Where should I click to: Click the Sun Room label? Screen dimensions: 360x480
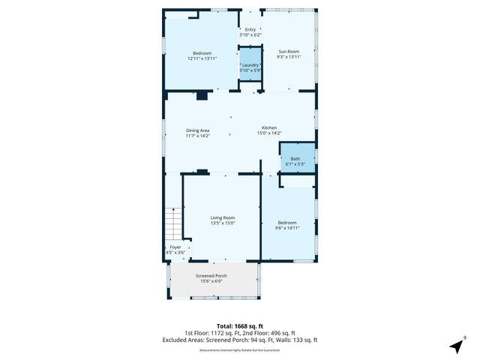pyautogui.click(x=289, y=52)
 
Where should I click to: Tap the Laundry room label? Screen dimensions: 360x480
pyautogui.click(x=250, y=64)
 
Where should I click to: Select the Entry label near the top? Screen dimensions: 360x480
pyautogui.click(x=250, y=30)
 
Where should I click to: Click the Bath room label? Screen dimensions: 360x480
pyautogui.click(x=295, y=158)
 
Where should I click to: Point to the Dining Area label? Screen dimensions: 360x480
pyautogui.click(x=198, y=131)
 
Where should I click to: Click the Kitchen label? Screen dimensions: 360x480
pyautogui.click(x=269, y=127)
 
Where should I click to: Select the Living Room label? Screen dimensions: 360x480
pyautogui.click(x=223, y=217)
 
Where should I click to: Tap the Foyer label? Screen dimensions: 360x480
pyautogui.click(x=175, y=247)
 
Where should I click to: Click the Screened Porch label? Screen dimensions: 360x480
pyautogui.click(x=211, y=275)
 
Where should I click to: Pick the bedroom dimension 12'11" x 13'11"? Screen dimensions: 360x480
pyautogui.click(x=202, y=58)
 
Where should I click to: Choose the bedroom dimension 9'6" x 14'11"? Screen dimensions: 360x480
pyautogui.click(x=287, y=227)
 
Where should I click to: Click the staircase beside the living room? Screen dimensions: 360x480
pyautogui.click(x=173, y=223)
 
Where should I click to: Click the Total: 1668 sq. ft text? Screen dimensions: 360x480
pyautogui.click(x=239, y=325)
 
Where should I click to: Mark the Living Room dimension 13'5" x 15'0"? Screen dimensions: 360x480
pyautogui.click(x=223, y=223)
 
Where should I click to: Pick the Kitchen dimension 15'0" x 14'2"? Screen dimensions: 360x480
pyautogui.click(x=269, y=133)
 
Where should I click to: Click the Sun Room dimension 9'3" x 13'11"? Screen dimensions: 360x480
pyautogui.click(x=289, y=58)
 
